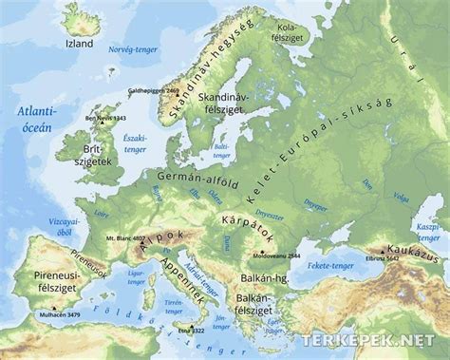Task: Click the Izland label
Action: point(77,44)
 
